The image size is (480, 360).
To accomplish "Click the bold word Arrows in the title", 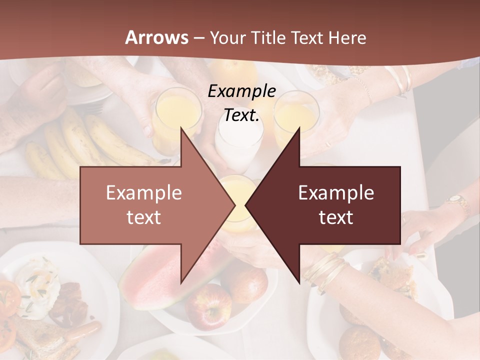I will pyautogui.click(x=157, y=37).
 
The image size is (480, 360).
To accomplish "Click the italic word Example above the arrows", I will pyautogui.click(x=241, y=91).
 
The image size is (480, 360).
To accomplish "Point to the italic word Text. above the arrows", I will pyautogui.click(x=241, y=115).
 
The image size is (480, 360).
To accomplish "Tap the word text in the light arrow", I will pyautogui.click(x=143, y=217).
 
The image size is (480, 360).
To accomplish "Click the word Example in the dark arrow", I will pyautogui.click(x=336, y=192).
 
